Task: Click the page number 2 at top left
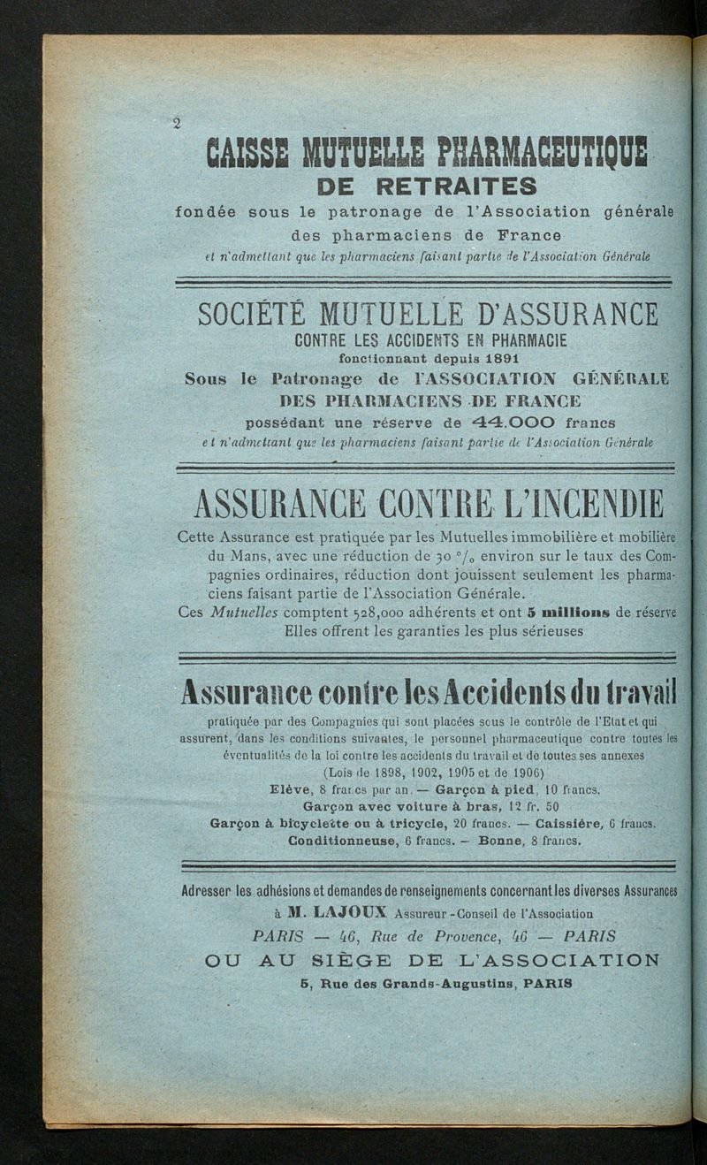[x=177, y=123]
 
